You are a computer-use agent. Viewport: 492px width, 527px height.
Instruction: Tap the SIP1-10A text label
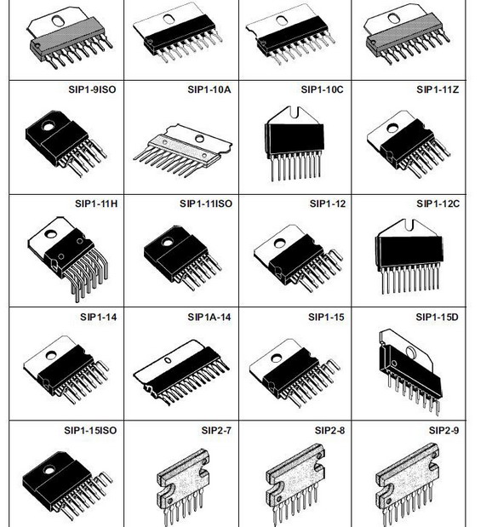click(x=209, y=89)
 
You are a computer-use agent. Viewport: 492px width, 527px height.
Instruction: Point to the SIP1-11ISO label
click(x=206, y=203)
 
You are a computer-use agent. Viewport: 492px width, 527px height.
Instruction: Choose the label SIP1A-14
click(x=209, y=317)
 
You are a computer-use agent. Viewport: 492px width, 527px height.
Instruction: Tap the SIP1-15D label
click(x=438, y=317)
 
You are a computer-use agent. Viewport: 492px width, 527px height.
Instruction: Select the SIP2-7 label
click(x=217, y=431)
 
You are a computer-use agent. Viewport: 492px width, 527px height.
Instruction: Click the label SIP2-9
click(x=443, y=431)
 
